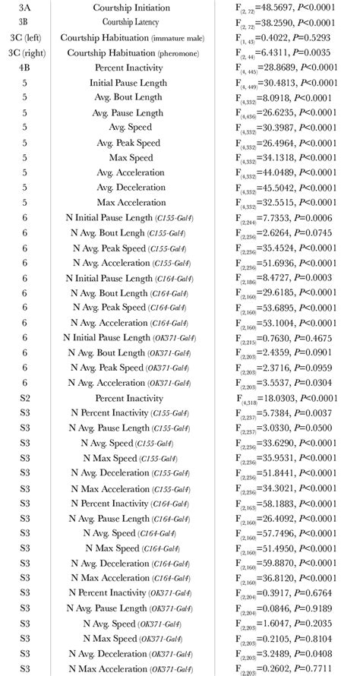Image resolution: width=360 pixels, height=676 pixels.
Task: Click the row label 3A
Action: pos(24,8)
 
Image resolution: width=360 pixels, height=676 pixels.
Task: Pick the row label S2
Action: pos(24,397)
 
